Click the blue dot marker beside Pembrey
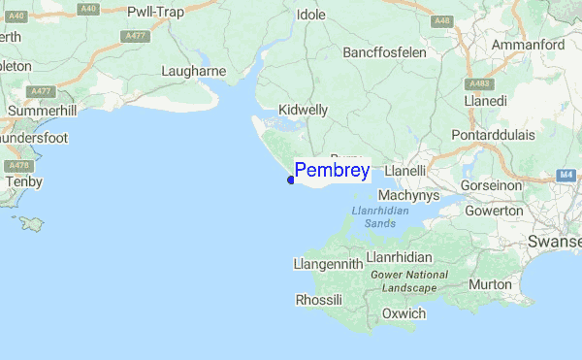coord(291,180)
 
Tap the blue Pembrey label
coord(332,172)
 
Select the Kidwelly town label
coord(303,110)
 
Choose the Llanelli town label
coord(405,171)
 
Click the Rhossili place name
coord(318,300)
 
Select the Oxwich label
coord(404,313)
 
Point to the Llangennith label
coord(328,264)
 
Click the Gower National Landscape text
coord(410,281)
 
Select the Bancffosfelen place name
coord(384,51)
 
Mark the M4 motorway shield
coord(567,175)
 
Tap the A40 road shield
coord(88,8)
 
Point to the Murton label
coord(490,284)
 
